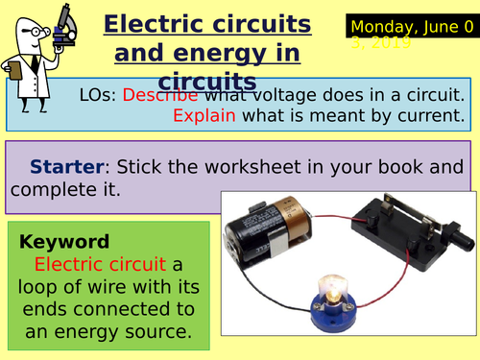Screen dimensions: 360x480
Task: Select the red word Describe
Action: (x=161, y=95)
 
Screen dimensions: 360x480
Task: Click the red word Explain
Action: (x=204, y=116)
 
